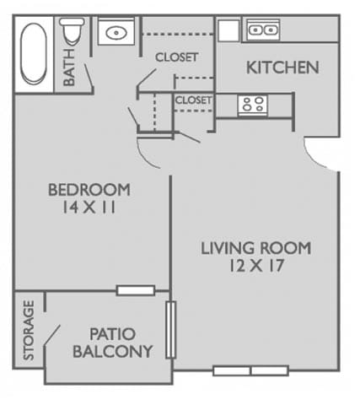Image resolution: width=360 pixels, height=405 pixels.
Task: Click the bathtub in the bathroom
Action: coord(35,53)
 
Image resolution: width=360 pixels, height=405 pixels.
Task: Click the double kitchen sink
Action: coord(262,30)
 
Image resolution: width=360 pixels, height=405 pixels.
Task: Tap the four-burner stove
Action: coord(252,105)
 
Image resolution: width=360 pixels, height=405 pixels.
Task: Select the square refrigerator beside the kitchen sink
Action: coord(228,30)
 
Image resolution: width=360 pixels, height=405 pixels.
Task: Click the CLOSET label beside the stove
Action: coord(194,100)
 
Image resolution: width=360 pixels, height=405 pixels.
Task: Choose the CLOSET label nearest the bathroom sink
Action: coord(176,57)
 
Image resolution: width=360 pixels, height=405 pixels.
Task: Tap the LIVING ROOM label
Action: coord(255,248)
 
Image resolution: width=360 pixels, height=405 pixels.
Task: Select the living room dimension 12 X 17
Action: coord(255,267)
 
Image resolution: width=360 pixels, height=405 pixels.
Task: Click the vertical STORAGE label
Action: coord(29,331)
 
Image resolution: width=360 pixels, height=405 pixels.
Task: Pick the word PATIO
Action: coord(112,334)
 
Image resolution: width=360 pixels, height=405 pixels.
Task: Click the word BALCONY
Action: coord(112,352)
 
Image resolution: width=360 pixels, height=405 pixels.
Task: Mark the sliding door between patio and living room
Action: coord(171,329)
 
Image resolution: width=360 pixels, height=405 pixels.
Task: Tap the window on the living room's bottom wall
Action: coord(250,370)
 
